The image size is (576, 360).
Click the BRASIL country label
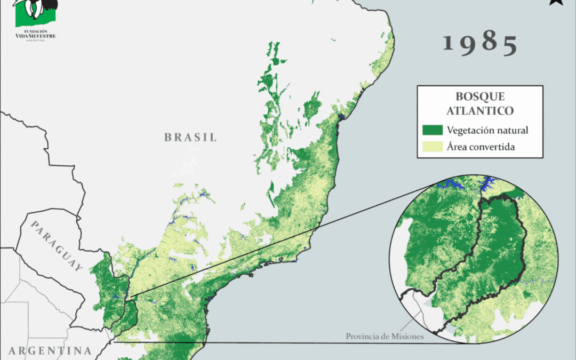(x=190, y=137)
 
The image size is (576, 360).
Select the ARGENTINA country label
(x=50, y=351)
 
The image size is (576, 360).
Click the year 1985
(x=480, y=44)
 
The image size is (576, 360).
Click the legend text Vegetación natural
(x=487, y=130)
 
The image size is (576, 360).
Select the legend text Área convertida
(x=481, y=147)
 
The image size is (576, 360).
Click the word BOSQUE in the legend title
(x=480, y=97)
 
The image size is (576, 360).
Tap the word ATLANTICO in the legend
(x=480, y=110)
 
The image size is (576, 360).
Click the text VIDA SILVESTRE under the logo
(x=35, y=36)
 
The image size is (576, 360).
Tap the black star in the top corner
(x=556, y=2)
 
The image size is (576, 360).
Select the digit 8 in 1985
(x=489, y=43)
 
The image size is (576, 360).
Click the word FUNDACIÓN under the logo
(x=35, y=31)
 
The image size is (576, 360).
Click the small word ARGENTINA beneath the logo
(x=35, y=40)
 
